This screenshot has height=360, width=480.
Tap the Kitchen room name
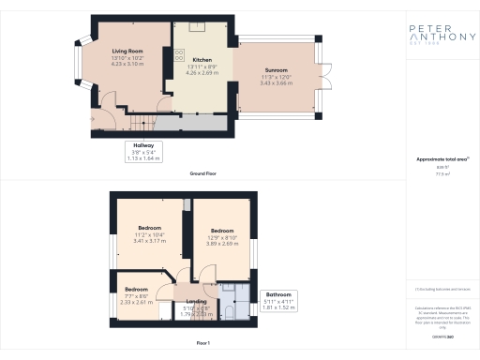coord(177,59)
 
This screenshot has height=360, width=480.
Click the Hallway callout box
coord(144,152)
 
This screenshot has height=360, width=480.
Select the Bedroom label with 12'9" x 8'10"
coord(221,231)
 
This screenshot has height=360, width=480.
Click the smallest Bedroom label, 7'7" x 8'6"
coord(136,290)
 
